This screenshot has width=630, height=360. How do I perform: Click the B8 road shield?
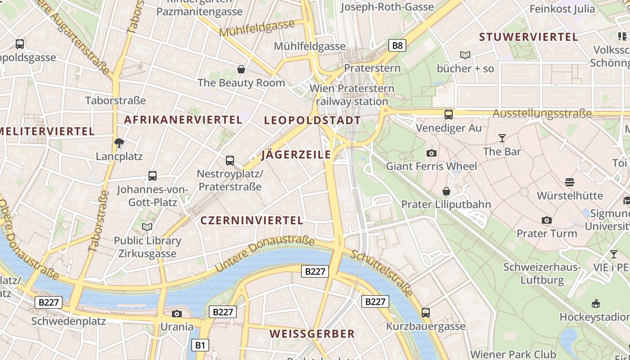(397, 45)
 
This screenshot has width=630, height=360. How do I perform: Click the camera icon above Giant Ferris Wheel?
(431, 153)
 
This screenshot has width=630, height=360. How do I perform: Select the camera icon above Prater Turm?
(547, 220)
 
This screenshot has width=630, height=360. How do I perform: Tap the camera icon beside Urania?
(177, 314)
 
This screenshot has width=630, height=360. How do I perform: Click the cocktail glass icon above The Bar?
(502, 138)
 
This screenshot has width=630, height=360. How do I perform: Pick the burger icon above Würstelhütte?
(570, 182)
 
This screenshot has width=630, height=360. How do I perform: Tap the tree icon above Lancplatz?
(119, 143)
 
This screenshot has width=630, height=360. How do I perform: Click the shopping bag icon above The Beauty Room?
(241, 69)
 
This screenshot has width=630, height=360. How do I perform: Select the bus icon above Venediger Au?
(448, 114)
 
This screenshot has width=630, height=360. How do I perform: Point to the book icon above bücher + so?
(465, 55)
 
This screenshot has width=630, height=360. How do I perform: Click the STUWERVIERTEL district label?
(528, 37)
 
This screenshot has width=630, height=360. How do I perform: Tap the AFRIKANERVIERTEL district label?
(183, 120)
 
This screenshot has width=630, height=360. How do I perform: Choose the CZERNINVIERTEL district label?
(252, 220)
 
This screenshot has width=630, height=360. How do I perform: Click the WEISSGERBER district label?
(312, 334)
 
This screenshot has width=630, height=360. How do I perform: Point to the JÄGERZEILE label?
(296, 155)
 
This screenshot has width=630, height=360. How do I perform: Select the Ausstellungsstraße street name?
(542, 113)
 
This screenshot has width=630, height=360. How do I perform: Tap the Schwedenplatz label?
(68, 321)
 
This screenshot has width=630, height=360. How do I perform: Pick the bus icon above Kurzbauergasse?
(426, 312)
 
